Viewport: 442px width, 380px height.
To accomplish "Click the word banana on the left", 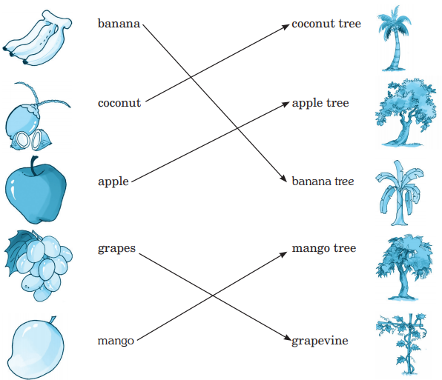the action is point(119,24).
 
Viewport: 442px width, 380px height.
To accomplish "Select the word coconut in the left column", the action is point(119,103).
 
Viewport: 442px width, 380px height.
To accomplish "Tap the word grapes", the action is point(116,249).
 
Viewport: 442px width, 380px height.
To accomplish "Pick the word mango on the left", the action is point(116,341).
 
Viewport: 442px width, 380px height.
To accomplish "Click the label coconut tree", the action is point(326,24).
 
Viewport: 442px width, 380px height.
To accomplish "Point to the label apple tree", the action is point(320,104).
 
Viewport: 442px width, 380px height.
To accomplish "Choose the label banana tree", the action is point(323,181).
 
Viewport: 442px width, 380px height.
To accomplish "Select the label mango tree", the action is point(324,249).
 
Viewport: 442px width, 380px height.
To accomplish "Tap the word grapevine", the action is point(320,341).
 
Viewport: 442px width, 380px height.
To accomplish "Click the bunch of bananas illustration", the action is point(36,38).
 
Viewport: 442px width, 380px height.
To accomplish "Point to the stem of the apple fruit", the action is point(34,166).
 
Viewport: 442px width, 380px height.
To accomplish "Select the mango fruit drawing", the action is point(36,348).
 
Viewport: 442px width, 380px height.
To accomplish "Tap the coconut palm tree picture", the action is point(394,38).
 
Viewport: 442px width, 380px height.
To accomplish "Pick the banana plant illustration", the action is point(399,193).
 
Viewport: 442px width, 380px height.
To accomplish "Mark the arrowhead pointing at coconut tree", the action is point(286,27).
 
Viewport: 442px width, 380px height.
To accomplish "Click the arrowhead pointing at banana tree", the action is point(283,179).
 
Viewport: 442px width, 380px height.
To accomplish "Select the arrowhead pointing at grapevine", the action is point(287,338).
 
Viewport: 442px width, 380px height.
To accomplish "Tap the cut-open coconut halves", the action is point(31,140).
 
